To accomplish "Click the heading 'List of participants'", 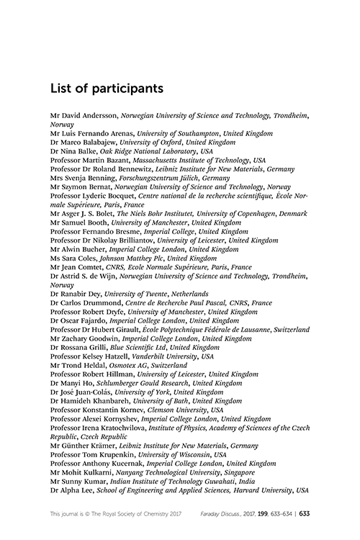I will (x=107, y=89).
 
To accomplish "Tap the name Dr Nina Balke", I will (x=73, y=151).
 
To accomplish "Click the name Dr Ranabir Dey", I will (x=76, y=294).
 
